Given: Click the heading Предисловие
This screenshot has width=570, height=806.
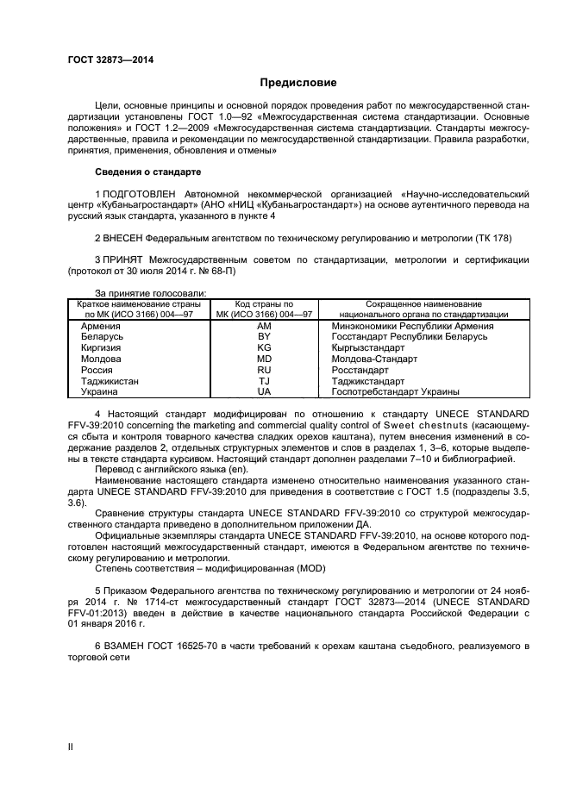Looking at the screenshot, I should click(298, 83).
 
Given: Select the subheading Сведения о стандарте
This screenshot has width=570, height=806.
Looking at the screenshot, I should click(147, 172).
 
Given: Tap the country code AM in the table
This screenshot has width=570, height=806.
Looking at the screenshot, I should click(265, 328).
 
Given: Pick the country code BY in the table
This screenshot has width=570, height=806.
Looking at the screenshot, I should click(265, 338).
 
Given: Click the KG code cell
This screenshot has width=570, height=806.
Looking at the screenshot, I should click(265, 348).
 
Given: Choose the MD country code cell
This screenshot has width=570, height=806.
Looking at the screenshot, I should click(265, 359).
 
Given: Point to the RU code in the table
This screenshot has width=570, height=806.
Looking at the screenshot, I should click(265, 369).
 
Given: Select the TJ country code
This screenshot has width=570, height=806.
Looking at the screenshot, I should click(265, 380).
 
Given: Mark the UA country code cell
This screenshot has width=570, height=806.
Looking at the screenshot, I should click(265, 391).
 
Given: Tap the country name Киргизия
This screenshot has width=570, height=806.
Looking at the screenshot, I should click(101, 348).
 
